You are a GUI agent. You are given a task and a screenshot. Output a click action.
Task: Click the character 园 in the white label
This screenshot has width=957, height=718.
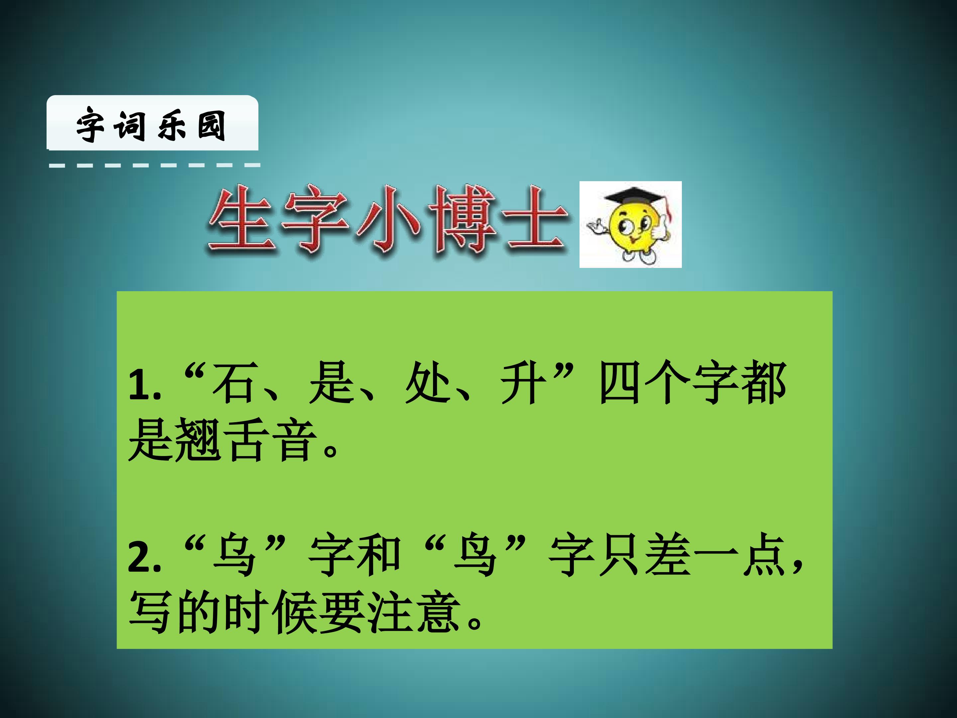[x=211, y=126]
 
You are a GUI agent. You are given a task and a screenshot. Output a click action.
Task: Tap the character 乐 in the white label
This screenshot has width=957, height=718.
[x=172, y=126]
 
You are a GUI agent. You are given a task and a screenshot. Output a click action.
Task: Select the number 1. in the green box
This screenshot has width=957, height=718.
[x=145, y=384]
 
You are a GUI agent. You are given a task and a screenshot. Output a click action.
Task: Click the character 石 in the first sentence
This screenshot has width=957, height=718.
[x=233, y=383]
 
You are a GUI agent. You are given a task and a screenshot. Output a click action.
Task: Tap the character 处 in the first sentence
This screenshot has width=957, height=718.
[x=426, y=383]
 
